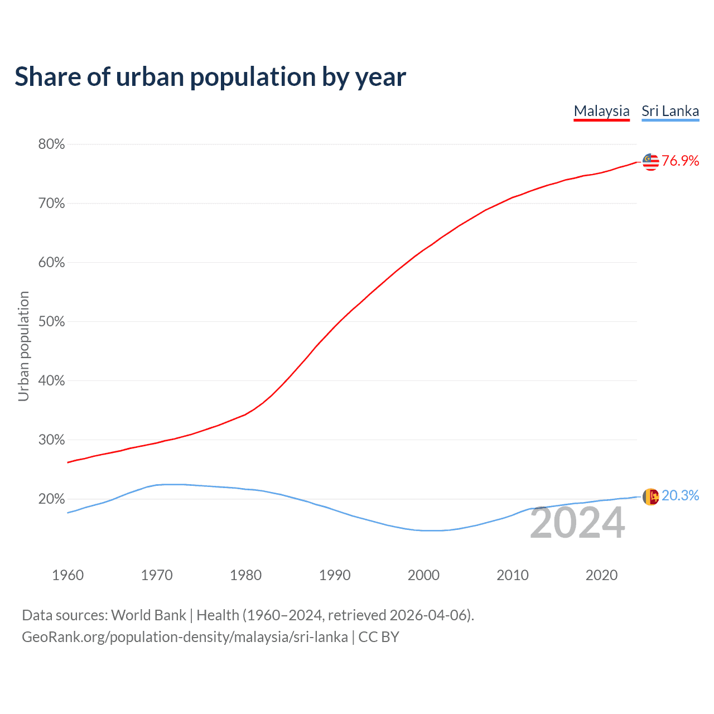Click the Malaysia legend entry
pos(601,111)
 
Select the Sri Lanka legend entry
pos(670,111)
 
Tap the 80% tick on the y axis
pos(51,144)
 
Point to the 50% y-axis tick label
pos(51,322)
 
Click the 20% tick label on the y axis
pos(51,499)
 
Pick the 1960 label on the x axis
pos(67,575)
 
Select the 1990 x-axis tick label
pos(335,575)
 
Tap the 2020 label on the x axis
pos(601,575)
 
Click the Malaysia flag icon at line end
pos(650,162)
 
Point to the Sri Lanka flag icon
pos(650,496)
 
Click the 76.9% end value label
pos(680,161)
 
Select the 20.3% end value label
pos(680,496)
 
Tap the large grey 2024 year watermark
pos(577,523)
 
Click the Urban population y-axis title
pos(23,346)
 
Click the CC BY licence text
pos(379,637)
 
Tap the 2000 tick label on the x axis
pos(423,575)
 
